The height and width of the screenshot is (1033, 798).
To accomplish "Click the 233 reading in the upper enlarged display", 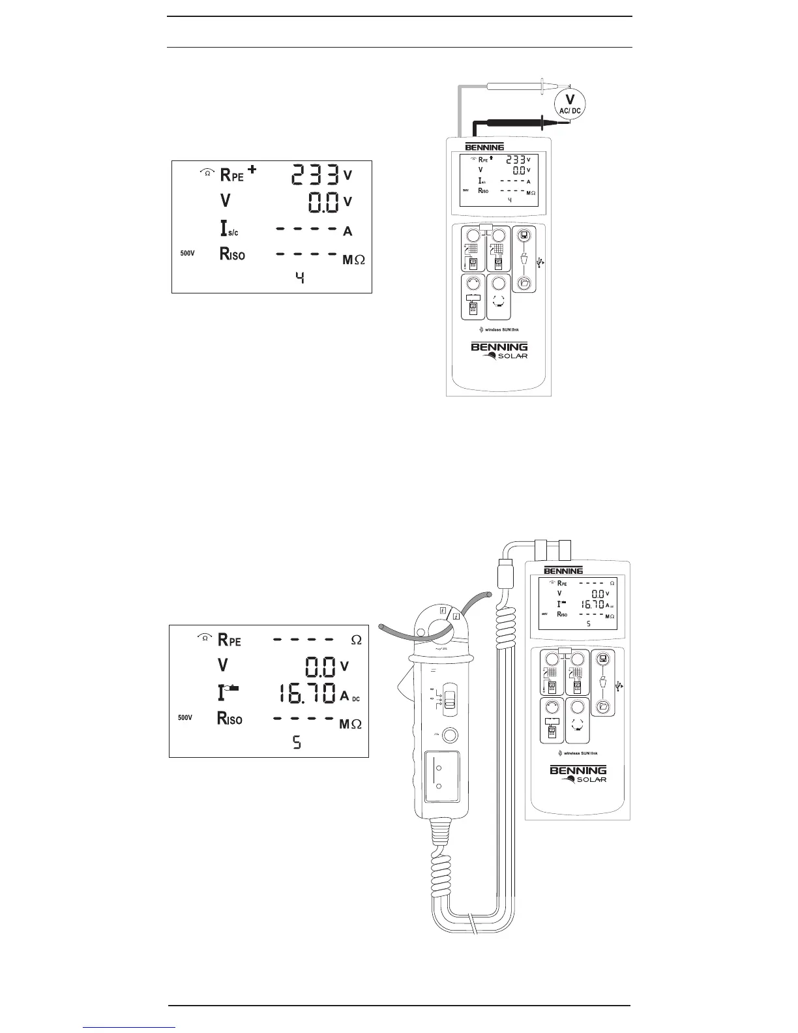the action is [316, 175].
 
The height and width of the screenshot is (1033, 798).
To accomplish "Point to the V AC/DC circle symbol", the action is [569, 104].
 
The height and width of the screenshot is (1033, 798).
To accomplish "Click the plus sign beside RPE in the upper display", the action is [252, 170].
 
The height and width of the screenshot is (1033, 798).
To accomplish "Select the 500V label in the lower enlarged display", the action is [186, 717].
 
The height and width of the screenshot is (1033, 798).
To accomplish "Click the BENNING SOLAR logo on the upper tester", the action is [499, 350].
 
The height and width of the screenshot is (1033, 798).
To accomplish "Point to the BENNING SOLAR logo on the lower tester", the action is [578, 774].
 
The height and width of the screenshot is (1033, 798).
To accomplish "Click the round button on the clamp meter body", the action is [448, 735].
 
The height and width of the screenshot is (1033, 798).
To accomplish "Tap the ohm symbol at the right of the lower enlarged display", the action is [356, 640].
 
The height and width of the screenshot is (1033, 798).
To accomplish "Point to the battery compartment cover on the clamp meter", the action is [441, 777].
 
